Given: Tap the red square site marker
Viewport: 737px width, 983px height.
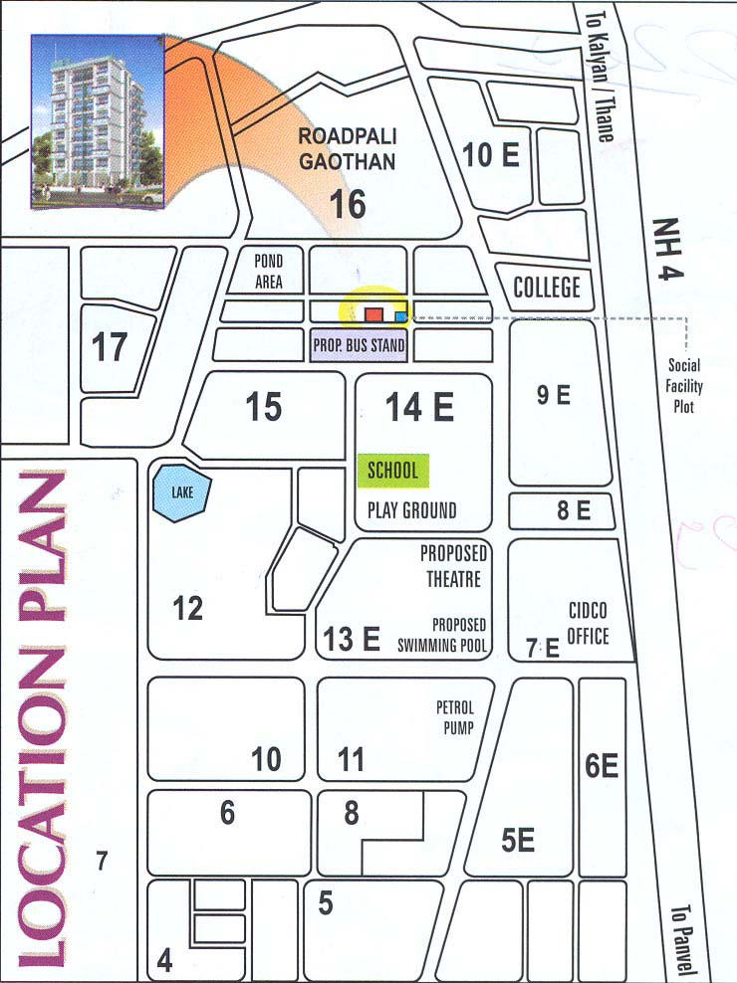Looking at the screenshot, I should coord(373,314).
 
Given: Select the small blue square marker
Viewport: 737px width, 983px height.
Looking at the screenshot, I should coord(400,316).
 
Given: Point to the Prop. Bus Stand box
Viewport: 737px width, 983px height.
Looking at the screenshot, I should coord(359,346).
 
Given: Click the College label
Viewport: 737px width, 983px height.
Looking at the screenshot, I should coord(547,289).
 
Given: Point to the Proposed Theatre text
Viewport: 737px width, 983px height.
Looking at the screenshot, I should coord(453,566).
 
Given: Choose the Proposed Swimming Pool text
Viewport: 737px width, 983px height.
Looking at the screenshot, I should coord(459,634).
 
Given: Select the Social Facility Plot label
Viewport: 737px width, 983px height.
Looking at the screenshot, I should coord(684,386).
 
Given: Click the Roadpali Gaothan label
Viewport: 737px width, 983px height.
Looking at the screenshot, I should coord(348,150).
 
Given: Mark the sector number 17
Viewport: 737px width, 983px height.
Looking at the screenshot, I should coord(111,348).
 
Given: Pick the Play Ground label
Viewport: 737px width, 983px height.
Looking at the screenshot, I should coord(412,510).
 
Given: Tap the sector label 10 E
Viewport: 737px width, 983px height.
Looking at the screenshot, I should coord(492,155).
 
